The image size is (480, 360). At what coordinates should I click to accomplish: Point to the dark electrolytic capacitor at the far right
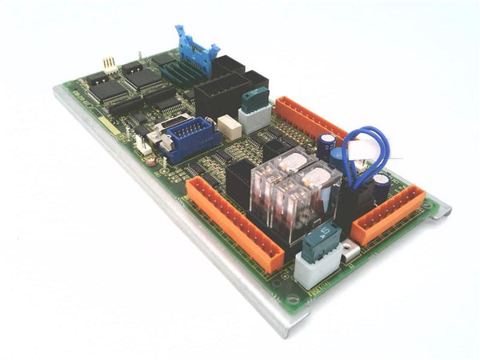[x=382, y=188]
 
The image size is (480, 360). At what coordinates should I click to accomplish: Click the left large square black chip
[x=106, y=87]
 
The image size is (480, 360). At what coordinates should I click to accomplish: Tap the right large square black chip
[x=142, y=75]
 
